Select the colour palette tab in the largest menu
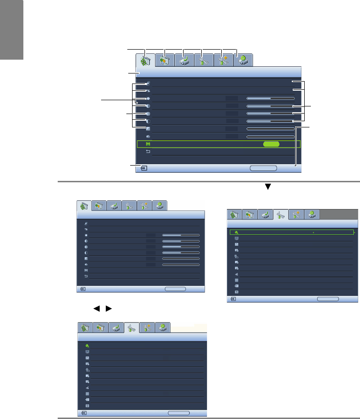click(164, 61)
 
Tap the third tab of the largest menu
click(184, 61)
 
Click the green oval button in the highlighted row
click(270, 144)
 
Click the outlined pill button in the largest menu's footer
click(263, 168)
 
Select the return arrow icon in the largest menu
click(148, 151)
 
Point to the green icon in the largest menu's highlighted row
click(148, 144)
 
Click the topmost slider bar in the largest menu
click(270, 98)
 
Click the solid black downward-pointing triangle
click(267, 187)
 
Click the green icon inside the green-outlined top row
click(237, 233)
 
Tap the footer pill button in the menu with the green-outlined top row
click(328, 298)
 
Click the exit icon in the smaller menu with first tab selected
click(83, 289)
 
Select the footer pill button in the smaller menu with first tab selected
click(175, 289)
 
